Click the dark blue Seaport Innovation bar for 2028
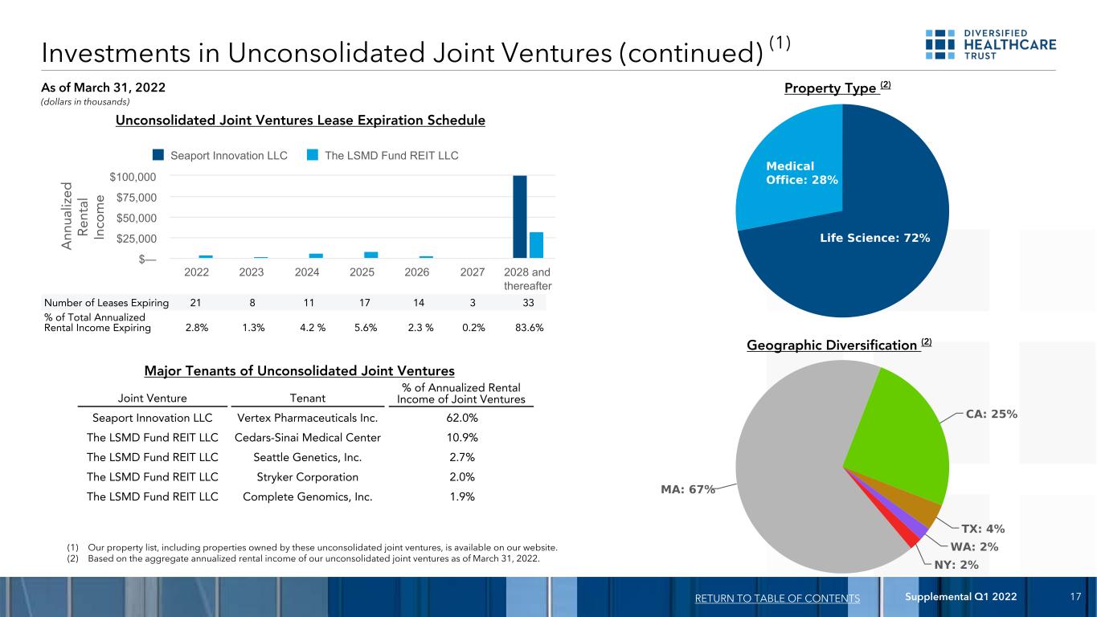[520, 216]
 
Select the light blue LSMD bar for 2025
[370, 255]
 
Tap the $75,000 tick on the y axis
[136, 198]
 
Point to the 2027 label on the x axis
[472, 272]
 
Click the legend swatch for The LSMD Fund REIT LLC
[313, 155]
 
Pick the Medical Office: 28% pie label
[802, 173]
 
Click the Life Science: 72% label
[874, 238]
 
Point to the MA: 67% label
[688, 489]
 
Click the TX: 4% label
[983, 529]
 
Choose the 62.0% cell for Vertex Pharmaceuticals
[462, 418]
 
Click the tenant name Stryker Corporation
[308, 477]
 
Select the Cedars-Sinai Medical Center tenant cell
[308, 437]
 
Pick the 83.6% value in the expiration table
[529, 328]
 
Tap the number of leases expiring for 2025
[364, 303]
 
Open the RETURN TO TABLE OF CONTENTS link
[777, 599]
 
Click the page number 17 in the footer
[1075, 596]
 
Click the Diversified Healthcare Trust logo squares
[939, 44]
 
